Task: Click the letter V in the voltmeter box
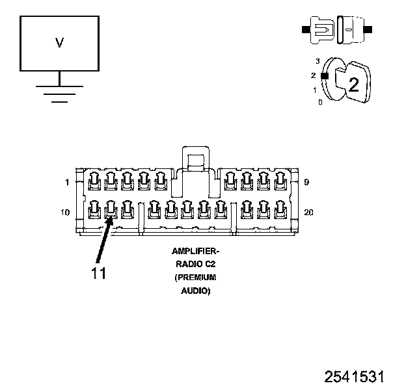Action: (59, 44)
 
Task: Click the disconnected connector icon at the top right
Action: (336, 30)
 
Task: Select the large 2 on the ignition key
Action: (354, 84)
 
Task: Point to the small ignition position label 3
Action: (317, 61)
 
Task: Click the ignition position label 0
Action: (319, 103)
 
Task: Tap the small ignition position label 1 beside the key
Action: (316, 90)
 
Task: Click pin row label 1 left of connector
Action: (67, 183)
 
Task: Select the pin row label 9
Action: (306, 183)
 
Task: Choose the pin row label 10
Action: (66, 213)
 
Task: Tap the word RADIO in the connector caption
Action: (187, 264)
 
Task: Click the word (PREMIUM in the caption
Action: (195, 278)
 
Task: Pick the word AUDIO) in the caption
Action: (195, 291)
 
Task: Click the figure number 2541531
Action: (355, 377)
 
